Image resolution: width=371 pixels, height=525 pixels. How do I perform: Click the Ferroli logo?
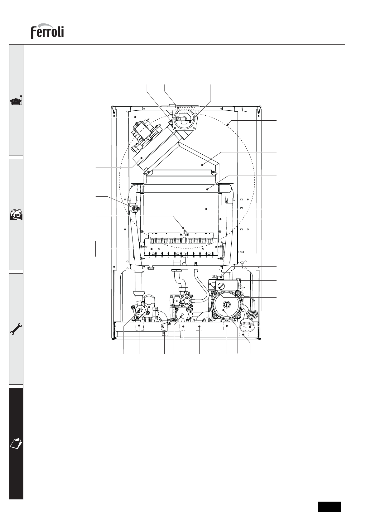(47, 31)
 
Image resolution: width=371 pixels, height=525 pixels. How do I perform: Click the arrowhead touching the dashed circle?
(228, 125)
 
